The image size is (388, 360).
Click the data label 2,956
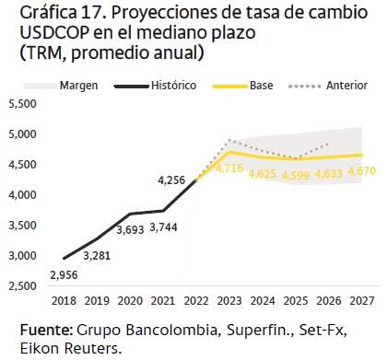[63, 274]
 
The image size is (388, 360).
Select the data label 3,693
[130, 228]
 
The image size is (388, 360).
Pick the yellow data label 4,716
[229, 169]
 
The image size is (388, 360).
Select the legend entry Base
[261, 86]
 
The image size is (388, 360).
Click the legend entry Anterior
[347, 86]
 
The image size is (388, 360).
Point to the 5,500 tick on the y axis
[21, 104]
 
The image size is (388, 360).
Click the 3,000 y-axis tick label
[21, 256]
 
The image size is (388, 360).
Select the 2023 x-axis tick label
[229, 300]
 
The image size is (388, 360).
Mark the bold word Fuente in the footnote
[45, 330]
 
